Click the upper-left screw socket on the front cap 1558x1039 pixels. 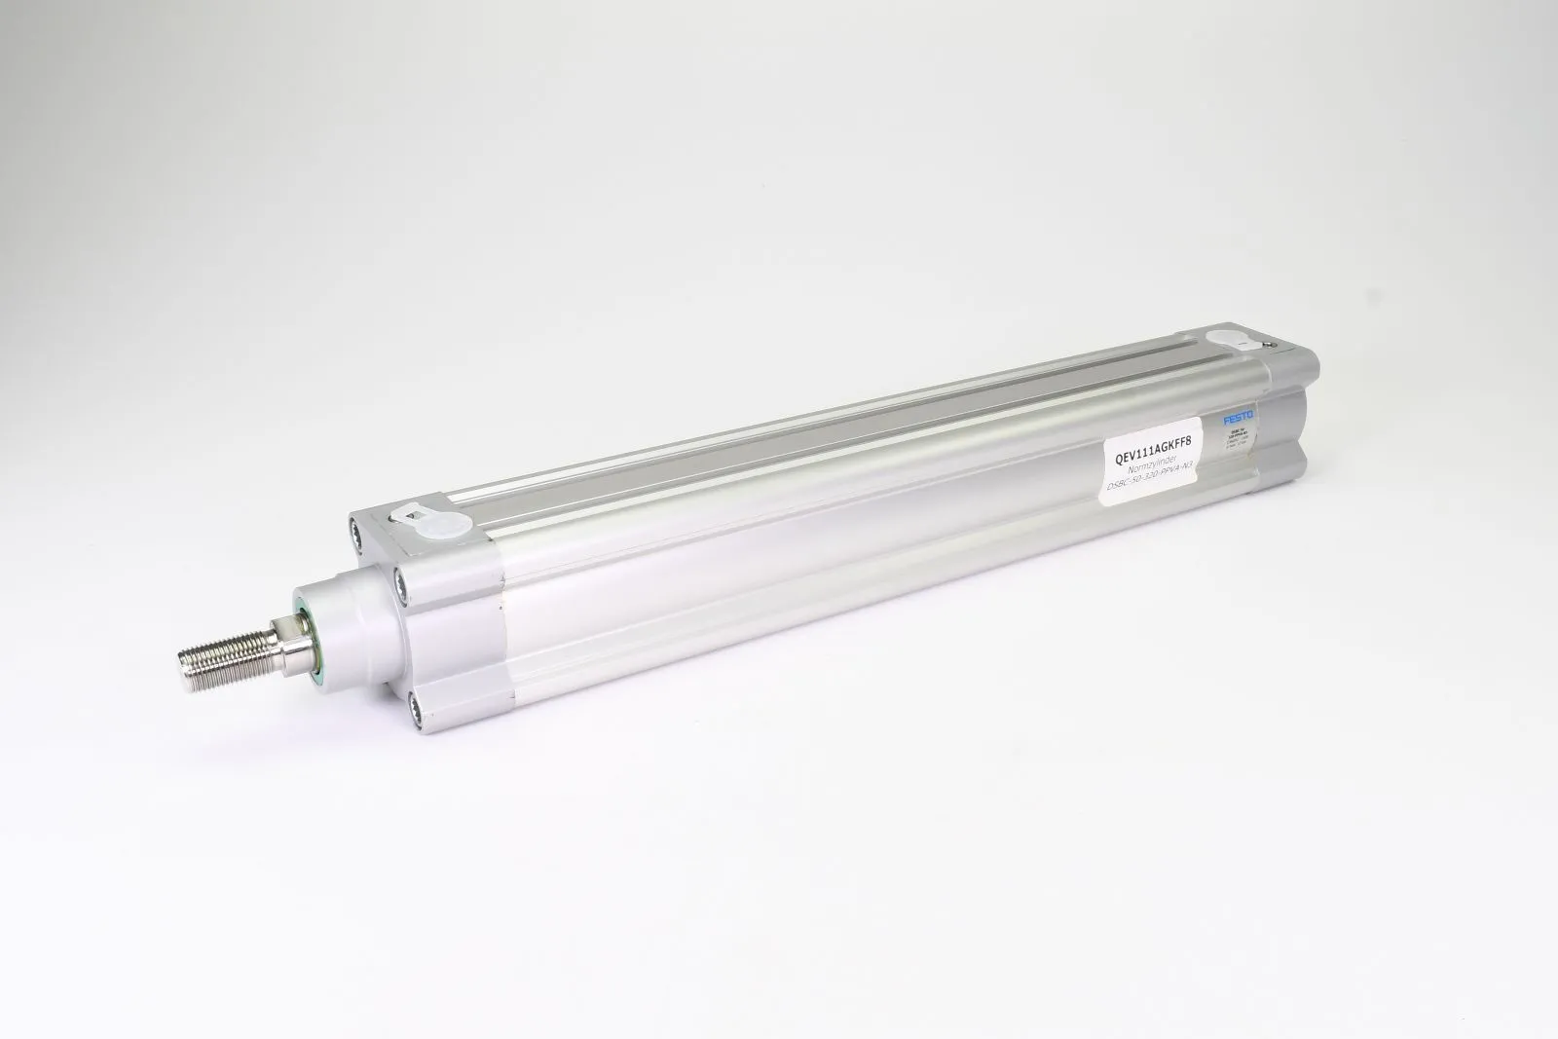[359, 531]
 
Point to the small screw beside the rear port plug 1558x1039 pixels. [1267, 344]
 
